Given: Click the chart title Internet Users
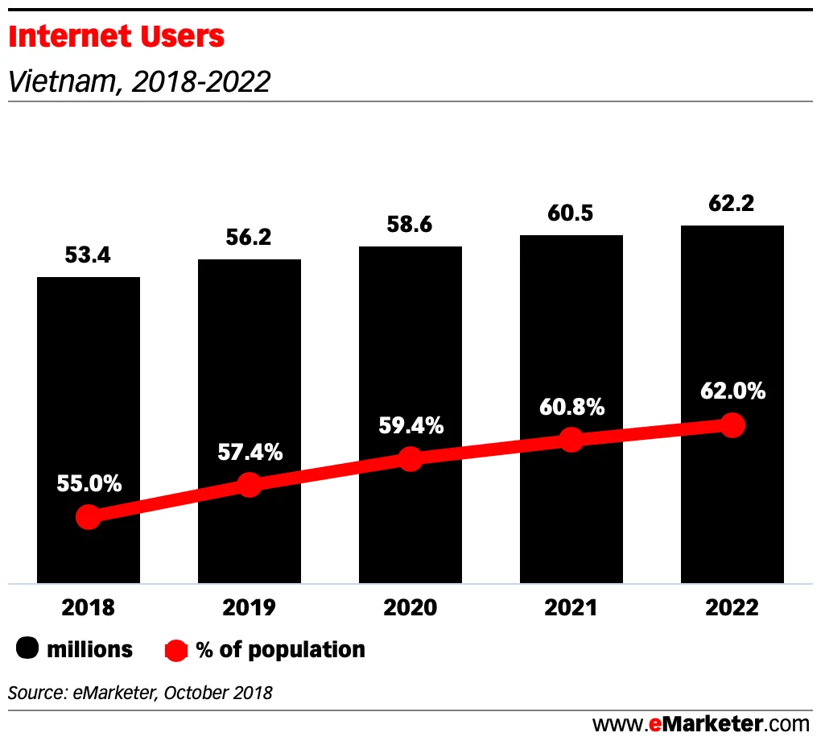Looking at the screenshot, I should tap(117, 37).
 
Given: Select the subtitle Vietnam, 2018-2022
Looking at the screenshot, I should tap(138, 81).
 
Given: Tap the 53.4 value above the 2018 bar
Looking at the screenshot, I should tap(88, 256).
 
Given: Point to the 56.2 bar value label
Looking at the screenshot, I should tap(249, 238).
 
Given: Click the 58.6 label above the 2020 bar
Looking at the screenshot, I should tap(410, 225).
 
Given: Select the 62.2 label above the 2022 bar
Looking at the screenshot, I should tap(732, 204).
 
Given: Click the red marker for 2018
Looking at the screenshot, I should tap(88, 517).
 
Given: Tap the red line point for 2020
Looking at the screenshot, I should tap(410, 459).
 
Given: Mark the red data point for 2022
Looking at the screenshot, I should tap(732, 425).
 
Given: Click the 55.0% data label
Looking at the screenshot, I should tap(89, 484).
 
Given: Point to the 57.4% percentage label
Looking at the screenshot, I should tap(250, 452).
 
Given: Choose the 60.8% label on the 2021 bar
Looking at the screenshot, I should tap(571, 408).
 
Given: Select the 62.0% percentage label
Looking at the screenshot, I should tap(732, 391).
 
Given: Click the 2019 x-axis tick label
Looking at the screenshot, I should tap(249, 607).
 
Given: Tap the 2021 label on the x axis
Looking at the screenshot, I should tap(571, 607).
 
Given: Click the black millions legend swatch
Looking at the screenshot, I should tap(28, 649).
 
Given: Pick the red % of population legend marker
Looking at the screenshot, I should tap(176, 650).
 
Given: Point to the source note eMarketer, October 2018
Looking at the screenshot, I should tap(141, 692).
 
